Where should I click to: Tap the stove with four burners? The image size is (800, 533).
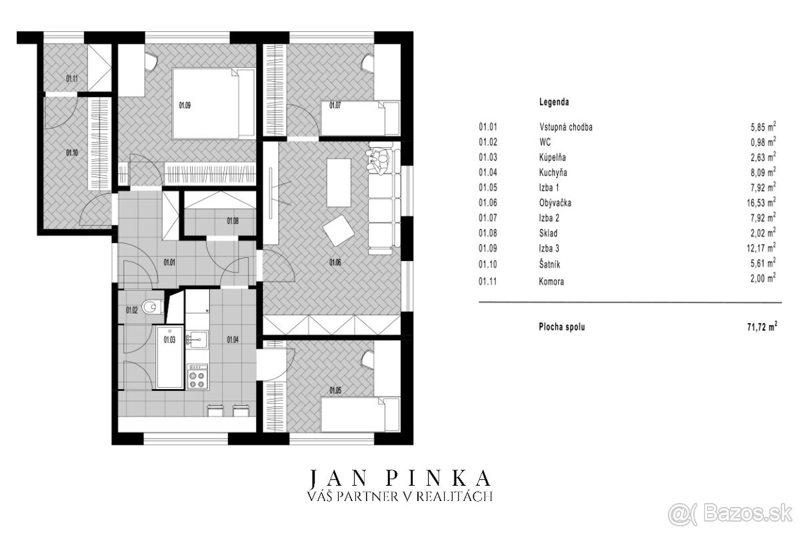[x=197, y=376]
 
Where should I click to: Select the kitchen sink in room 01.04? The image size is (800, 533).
[x=197, y=340]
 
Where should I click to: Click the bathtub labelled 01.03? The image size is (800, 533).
[x=170, y=356]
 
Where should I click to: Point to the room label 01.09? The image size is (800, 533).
[x=185, y=106]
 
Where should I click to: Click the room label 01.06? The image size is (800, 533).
[x=335, y=263]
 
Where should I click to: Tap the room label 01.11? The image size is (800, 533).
[x=72, y=78]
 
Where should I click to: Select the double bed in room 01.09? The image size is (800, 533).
[x=213, y=103]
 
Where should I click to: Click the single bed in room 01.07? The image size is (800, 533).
[x=360, y=119]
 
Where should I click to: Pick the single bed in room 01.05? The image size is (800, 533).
[x=360, y=414]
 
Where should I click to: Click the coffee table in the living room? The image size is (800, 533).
[x=339, y=183]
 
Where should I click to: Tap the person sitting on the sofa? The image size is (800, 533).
[x=378, y=162]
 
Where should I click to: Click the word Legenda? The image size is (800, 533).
[x=554, y=102]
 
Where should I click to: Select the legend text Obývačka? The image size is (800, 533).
[x=555, y=203]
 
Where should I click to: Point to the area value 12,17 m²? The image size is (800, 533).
[x=761, y=247]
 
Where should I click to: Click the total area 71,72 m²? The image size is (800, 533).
[x=763, y=326]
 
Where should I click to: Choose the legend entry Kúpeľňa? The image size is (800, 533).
[x=553, y=157]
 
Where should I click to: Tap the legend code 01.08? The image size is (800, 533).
[x=488, y=233]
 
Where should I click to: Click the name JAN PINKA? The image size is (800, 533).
[x=399, y=478]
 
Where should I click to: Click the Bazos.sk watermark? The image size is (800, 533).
[x=734, y=516]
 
